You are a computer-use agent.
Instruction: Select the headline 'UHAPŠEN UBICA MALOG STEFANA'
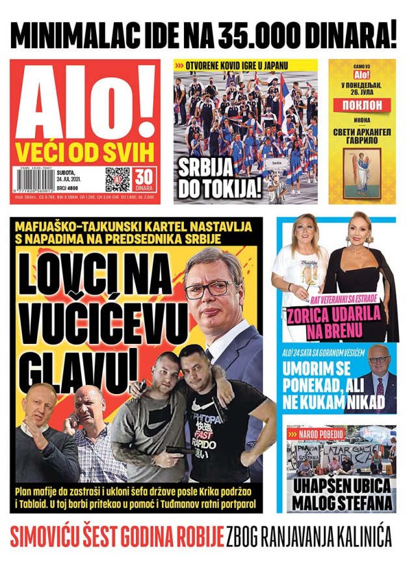point(342,494)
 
